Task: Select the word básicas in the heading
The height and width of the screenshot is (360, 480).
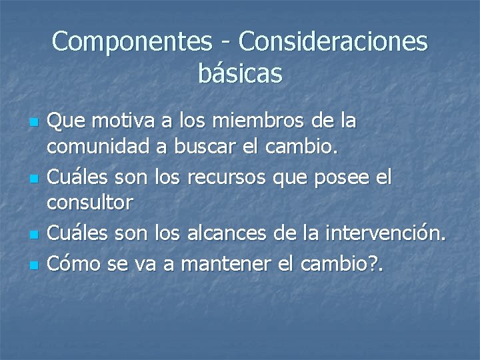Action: click(240, 73)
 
